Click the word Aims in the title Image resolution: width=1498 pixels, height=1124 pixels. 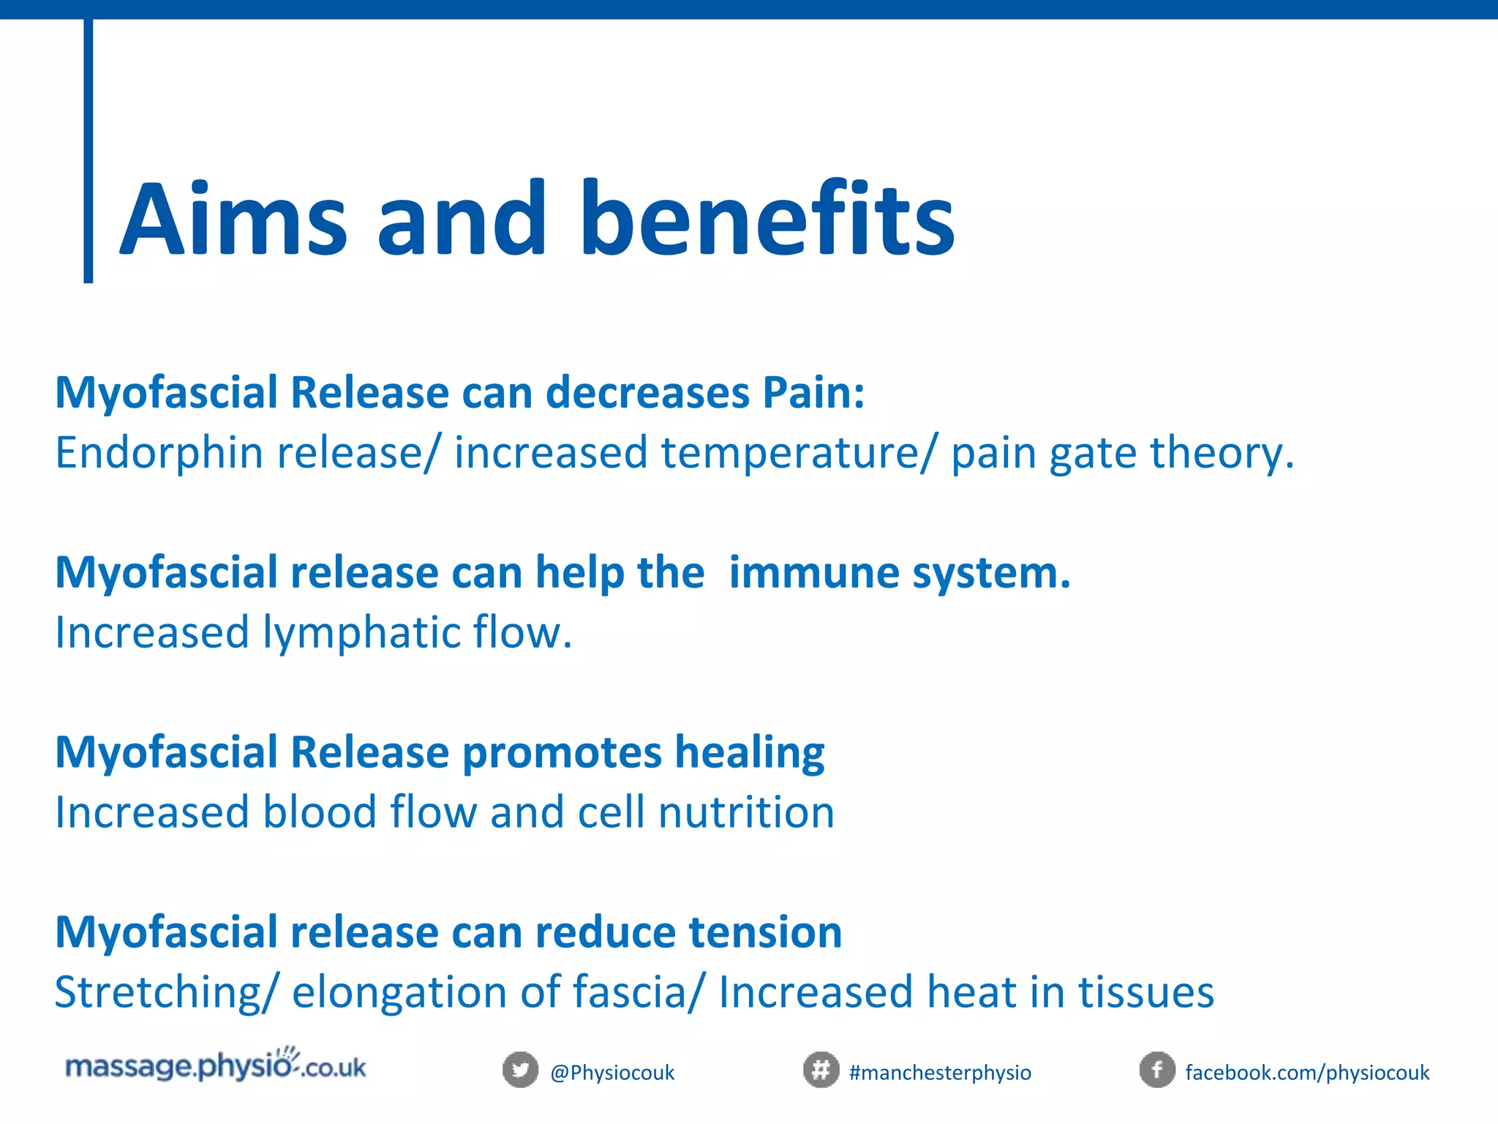click(x=233, y=220)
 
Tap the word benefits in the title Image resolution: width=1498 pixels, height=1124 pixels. click(x=767, y=220)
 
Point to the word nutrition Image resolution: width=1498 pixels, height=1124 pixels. click(x=746, y=812)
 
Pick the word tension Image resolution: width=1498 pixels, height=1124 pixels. click(x=765, y=932)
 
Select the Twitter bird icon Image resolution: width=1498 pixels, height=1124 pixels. click(x=520, y=1071)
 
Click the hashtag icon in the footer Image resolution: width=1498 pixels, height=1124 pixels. click(x=821, y=1071)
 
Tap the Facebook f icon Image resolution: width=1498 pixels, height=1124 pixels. click(x=1157, y=1071)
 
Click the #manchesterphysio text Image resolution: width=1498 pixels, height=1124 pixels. click(x=940, y=1073)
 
